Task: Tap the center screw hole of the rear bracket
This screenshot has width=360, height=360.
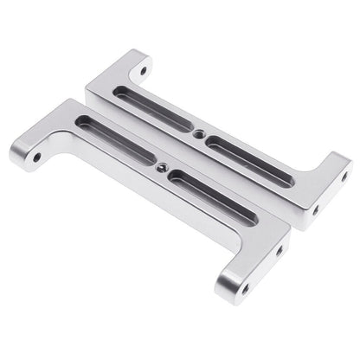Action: pyautogui.click(x=198, y=134)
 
